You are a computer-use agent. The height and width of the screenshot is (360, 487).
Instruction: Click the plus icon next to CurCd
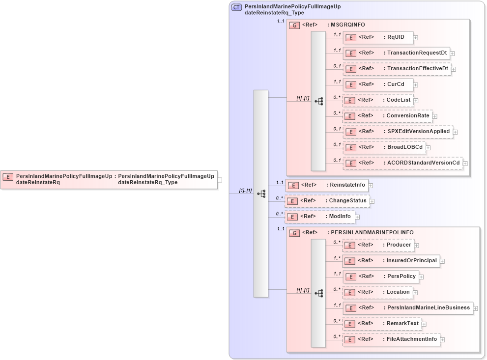click(x=415, y=85)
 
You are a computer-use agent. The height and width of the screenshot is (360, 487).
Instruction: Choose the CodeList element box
click(x=377, y=100)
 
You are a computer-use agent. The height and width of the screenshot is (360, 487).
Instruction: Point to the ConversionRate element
click(x=387, y=116)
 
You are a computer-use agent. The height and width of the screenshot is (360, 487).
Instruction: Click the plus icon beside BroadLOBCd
click(x=428, y=147)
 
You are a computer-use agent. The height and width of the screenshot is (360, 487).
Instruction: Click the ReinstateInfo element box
click(x=327, y=185)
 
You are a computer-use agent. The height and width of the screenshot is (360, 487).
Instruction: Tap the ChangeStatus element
click(x=327, y=201)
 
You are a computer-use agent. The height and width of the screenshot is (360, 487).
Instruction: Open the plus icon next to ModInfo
click(x=357, y=217)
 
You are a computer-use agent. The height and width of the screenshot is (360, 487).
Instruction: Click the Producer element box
click(x=377, y=245)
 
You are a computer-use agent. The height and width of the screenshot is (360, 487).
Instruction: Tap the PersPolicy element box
click(x=380, y=277)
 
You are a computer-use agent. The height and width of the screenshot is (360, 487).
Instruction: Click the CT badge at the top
click(x=236, y=7)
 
